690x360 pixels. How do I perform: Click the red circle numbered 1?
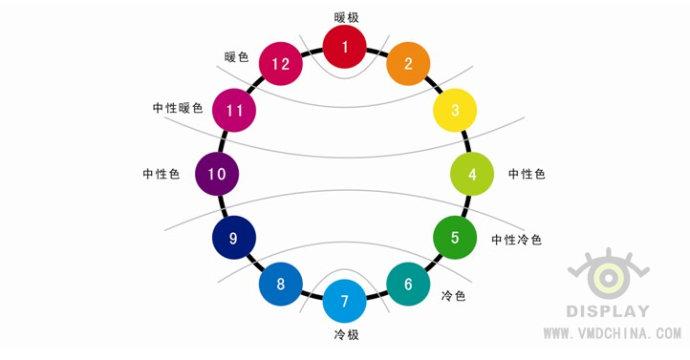[x=345, y=47]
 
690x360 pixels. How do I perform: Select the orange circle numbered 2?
[x=408, y=65]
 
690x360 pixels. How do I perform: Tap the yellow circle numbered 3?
[x=455, y=111]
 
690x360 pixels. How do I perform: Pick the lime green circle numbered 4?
[x=473, y=174]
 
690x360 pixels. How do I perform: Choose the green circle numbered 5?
[x=455, y=238]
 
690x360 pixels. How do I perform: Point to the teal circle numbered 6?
[x=408, y=284]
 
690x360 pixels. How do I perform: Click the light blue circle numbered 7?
[x=345, y=301]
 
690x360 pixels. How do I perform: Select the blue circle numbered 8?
[x=281, y=284]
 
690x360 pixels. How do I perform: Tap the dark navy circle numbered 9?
[x=234, y=238]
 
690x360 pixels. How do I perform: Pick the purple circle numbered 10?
[x=216, y=174]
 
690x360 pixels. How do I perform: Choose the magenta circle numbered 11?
[x=235, y=110]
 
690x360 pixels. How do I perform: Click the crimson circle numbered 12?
[x=281, y=65]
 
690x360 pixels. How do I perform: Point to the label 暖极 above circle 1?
[x=345, y=16]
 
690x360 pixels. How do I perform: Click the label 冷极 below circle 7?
[x=345, y=333]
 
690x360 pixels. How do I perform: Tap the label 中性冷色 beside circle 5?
[x=517, y=240]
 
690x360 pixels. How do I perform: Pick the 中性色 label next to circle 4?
[x=527, y=174]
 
